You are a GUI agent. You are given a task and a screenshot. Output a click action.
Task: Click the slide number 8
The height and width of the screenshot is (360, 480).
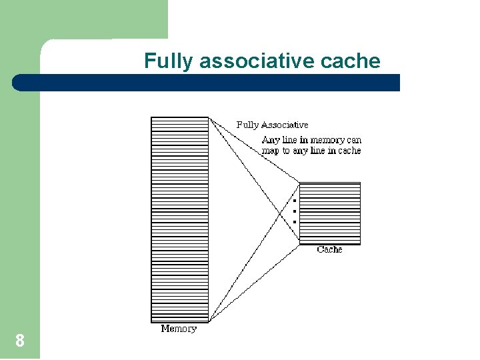[x=20, y=341]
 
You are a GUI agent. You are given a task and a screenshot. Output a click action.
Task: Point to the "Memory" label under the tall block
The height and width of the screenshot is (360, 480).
[x=179, y=329]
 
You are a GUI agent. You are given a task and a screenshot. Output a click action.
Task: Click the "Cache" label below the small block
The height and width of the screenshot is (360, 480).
[x=329, y=249]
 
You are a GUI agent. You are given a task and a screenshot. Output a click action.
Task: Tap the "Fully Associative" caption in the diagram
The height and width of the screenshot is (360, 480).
[x=272, y=125]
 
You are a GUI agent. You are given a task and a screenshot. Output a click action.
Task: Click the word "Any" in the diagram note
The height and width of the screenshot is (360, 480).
[x=270, y=140]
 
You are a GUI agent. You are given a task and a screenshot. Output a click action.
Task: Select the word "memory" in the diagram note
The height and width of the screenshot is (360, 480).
[x=327, y=140]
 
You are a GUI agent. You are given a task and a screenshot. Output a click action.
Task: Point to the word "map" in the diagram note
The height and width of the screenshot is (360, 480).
[x=271, y=151]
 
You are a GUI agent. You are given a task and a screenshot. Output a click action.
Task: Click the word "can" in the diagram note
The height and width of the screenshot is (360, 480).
[x=354, y=140]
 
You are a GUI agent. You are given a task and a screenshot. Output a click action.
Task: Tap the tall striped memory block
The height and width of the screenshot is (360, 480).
[x=180, y=220]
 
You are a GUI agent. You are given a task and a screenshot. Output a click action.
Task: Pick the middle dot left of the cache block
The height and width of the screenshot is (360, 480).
[x=294, y=211]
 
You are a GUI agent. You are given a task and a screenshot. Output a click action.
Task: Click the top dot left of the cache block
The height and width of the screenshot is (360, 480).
[x=294, y=200]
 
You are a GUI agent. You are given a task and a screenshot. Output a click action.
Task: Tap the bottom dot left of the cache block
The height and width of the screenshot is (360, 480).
[x=294, y=221]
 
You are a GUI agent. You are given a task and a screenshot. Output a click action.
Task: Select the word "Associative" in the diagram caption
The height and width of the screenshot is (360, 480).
[x=285, y=125]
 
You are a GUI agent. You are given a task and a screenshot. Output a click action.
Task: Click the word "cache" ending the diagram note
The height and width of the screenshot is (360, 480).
[x=349, y=151]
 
